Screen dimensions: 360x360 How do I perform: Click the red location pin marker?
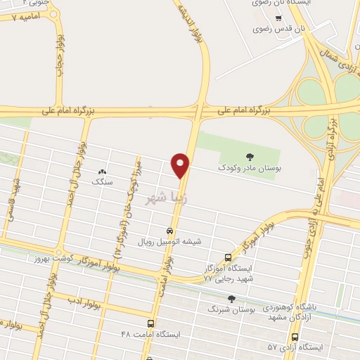tap(181, 165)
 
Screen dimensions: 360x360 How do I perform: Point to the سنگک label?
tap(103, 181)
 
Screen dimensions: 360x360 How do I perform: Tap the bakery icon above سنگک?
tap(103, 171)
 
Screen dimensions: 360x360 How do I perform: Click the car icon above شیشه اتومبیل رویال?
tap(169, 231)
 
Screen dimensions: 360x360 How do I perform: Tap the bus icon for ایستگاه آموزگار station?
tap(227, 258)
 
